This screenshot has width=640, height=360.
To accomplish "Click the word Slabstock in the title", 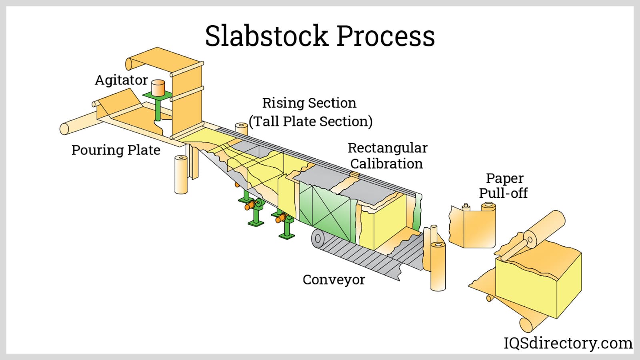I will point(266,36).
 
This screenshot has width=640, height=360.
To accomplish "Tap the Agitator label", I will point(121,80).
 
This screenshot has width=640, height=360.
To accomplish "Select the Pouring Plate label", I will point(116,150).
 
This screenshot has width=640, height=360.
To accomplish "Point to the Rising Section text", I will point(309,103).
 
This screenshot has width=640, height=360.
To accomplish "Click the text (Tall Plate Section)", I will point(310,121).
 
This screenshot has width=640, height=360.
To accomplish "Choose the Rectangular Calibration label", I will point(387,156).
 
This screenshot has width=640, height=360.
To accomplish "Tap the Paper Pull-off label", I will point(504,186).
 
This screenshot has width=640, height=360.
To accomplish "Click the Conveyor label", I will point(334,280).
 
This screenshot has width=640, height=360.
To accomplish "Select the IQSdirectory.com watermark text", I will point(568,343).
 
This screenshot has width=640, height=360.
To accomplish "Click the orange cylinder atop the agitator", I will point(158,87).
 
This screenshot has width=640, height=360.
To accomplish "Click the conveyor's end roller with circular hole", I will point(318,239).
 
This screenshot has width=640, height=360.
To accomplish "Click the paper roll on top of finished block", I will point(544,228).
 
